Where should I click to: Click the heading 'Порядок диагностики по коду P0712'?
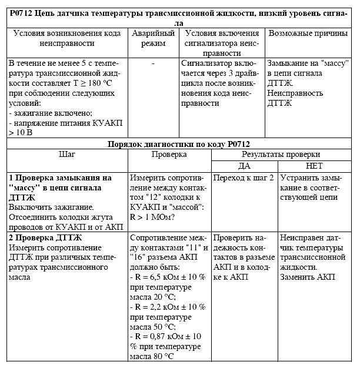point(181,144)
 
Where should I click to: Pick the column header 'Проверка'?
point(169,155)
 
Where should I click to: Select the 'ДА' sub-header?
point(244,165)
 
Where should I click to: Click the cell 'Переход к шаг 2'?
point(243,177)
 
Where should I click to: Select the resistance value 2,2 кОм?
point(164,307)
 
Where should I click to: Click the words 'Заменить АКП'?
point(303,277)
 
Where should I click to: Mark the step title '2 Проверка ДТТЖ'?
point(45,237)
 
